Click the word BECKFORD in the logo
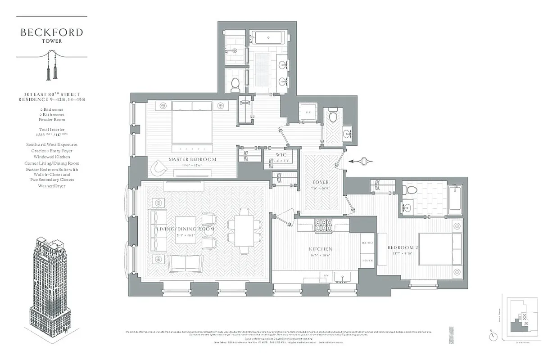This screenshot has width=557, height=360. click(x=52, y=32)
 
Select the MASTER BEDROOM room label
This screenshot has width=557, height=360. click(x=192, y=159)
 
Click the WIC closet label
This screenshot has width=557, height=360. click(x=281, y=155)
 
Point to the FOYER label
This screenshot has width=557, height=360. click(x=321, y=182)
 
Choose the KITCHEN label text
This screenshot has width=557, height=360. click(x=320, y=249)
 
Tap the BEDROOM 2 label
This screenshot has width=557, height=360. click(x=403, y=247)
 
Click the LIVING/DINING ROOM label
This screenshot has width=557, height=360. click(x=185, y=229)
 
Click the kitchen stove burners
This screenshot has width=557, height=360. click(x=323, y=224)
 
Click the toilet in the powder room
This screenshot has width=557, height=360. click(x=334, y=116)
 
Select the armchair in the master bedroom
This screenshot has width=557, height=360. click(x=158, y=167)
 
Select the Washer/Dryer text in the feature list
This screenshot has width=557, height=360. click(x=52, y=186)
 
